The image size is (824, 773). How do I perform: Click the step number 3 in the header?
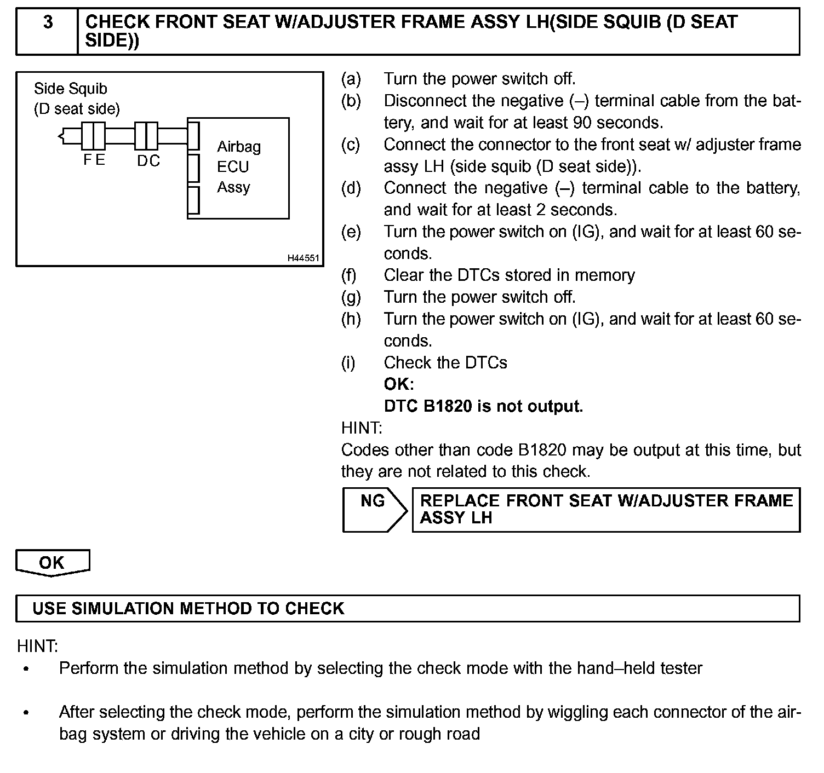48,22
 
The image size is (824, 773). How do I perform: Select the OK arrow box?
52,563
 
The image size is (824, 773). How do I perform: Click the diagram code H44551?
303,258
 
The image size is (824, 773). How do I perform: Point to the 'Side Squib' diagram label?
71,89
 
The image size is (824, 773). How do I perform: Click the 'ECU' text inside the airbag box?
233,167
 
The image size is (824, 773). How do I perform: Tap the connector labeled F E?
94,136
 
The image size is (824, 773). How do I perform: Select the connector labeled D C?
146,136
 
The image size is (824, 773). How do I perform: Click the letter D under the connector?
142,161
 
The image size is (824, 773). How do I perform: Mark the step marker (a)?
351,79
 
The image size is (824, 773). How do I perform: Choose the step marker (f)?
349,275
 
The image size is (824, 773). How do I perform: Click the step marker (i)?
348,362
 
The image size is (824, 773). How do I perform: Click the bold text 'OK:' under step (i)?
399,384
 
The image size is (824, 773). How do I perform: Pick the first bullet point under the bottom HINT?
25,669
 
